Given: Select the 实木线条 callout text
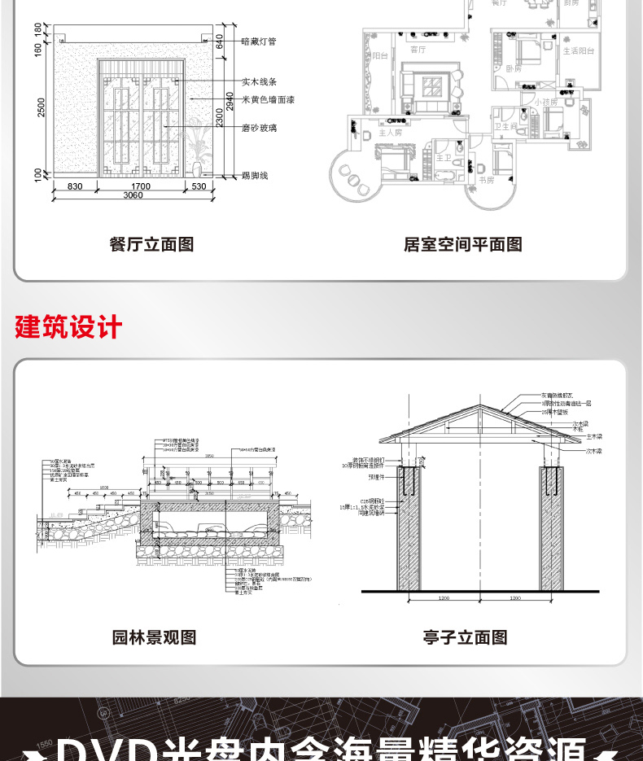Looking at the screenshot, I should [x=260, y=81].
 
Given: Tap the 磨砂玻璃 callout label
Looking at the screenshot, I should [x=260, y=128].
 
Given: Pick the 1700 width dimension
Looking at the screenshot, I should [x=140, y=187].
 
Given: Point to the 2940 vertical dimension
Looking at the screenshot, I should [x=230, y=101].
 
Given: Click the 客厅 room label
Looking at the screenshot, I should [x=418, y=50].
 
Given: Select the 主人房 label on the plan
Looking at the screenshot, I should [x=391, y=133].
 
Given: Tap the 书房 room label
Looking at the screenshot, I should [x=487, y=181].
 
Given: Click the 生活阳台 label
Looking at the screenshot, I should [x=579, y=50].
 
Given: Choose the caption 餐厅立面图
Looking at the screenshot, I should [x=151, y=244].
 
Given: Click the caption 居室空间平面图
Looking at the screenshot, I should [x=463, y=244].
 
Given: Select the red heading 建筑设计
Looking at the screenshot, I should [x=68, y=327].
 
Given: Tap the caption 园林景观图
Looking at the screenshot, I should [x=155, y=638].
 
